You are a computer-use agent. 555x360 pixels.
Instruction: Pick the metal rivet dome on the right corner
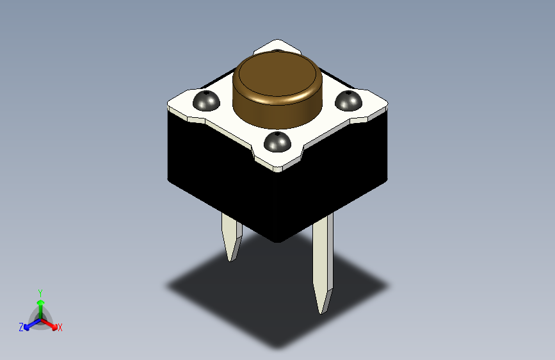pos(348,101)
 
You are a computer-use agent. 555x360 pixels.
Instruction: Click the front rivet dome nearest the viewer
pos(277,142)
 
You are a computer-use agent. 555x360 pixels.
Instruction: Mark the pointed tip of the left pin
pos(231,259)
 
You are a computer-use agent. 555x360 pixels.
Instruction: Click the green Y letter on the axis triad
pos(40,292)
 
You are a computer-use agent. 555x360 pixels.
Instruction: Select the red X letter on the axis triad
pos(60,327)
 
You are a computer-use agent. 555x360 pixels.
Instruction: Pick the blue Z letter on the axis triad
pos(21,327)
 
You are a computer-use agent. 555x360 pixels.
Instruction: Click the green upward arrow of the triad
pos(40,304)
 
